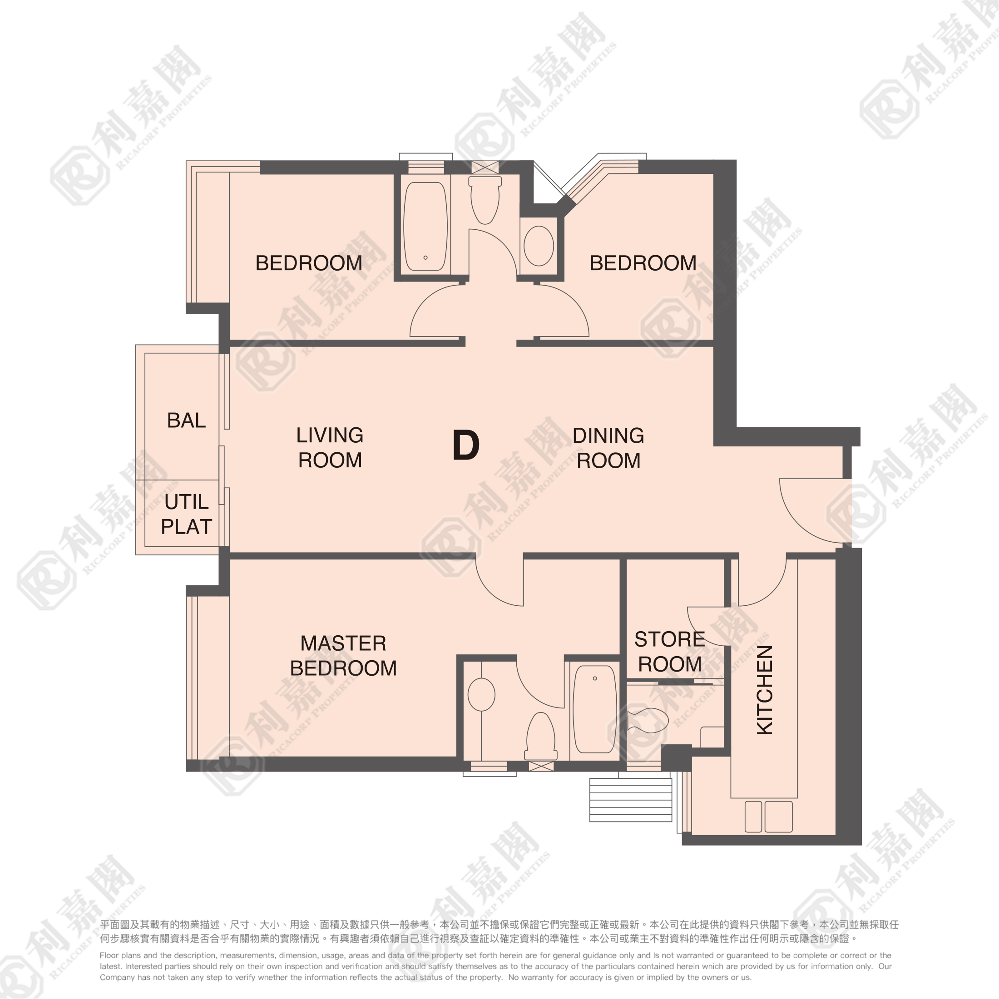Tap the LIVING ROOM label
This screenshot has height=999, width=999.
click(x=330, y=448)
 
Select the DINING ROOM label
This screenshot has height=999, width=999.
click(x=608, y=448)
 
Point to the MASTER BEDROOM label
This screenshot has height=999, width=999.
click(x=343, y=656)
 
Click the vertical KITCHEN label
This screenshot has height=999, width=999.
click(x=765, y=690)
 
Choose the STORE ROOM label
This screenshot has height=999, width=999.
click(x=670, y=652)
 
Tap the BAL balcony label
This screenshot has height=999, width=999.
click(x=186, y=420)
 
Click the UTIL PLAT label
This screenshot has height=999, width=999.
click(x=186, y=514)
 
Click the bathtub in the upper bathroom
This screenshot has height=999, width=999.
click(x=425, y=226)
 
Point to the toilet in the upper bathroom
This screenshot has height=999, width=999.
click(x=485, y=200)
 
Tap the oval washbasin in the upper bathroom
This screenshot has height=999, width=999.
click(x=539, y=246)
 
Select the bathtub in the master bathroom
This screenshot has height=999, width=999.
click(x=595, y=709)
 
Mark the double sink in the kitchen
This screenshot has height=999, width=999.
click(x=768, y=816)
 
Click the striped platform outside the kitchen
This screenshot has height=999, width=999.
click(x=631, y=800)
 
